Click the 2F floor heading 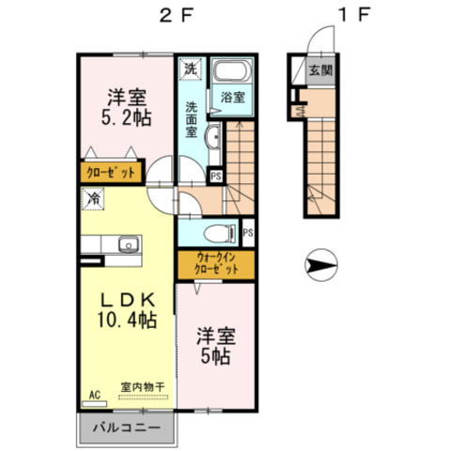tap(177, 15)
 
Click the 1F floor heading tap(354, 15)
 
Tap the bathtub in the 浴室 tap(232, 71)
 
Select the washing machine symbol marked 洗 tap(191, 69)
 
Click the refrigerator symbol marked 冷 tap(93, 198)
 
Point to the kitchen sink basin tap(129, 244)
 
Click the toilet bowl tap(219, 233)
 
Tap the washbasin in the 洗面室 tap(212, 136)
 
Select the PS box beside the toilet tap(248, 233)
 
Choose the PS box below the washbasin tap(216, 176)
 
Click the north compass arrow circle tap(321, 265)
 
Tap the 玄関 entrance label tap(320, 70)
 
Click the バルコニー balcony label tap(127, 428)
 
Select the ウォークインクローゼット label tap(216, 264)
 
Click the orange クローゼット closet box tap(111, 172)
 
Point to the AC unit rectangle tap(94, 404)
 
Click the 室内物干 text tap(143, 387)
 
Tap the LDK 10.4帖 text tap(127, 310)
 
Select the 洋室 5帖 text tap(216, 346)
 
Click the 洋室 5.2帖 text tap(127, 107)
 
